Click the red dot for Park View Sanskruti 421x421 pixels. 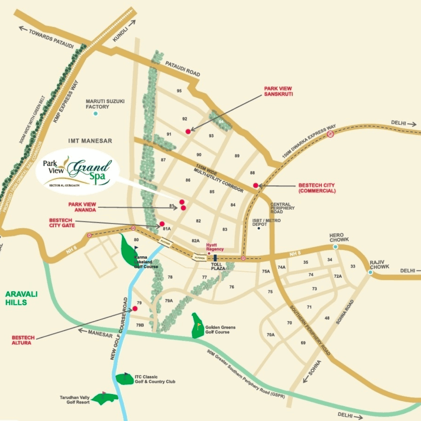click(188, 131)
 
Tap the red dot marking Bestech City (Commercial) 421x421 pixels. click(255, 186)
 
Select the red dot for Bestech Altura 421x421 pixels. click(134, 308)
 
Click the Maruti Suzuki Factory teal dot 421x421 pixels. click(96, 113)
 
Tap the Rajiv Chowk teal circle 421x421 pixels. click(370, 272)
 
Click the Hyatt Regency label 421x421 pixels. click(215, 247)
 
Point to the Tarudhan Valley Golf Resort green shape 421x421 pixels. click(105, 398)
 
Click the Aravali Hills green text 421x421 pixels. click(21, 298)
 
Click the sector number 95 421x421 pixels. click(179, 91)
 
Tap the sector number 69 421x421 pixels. click(303, 343)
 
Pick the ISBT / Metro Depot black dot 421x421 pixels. click(258, 228)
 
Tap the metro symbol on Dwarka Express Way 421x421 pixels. click(330, 134)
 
